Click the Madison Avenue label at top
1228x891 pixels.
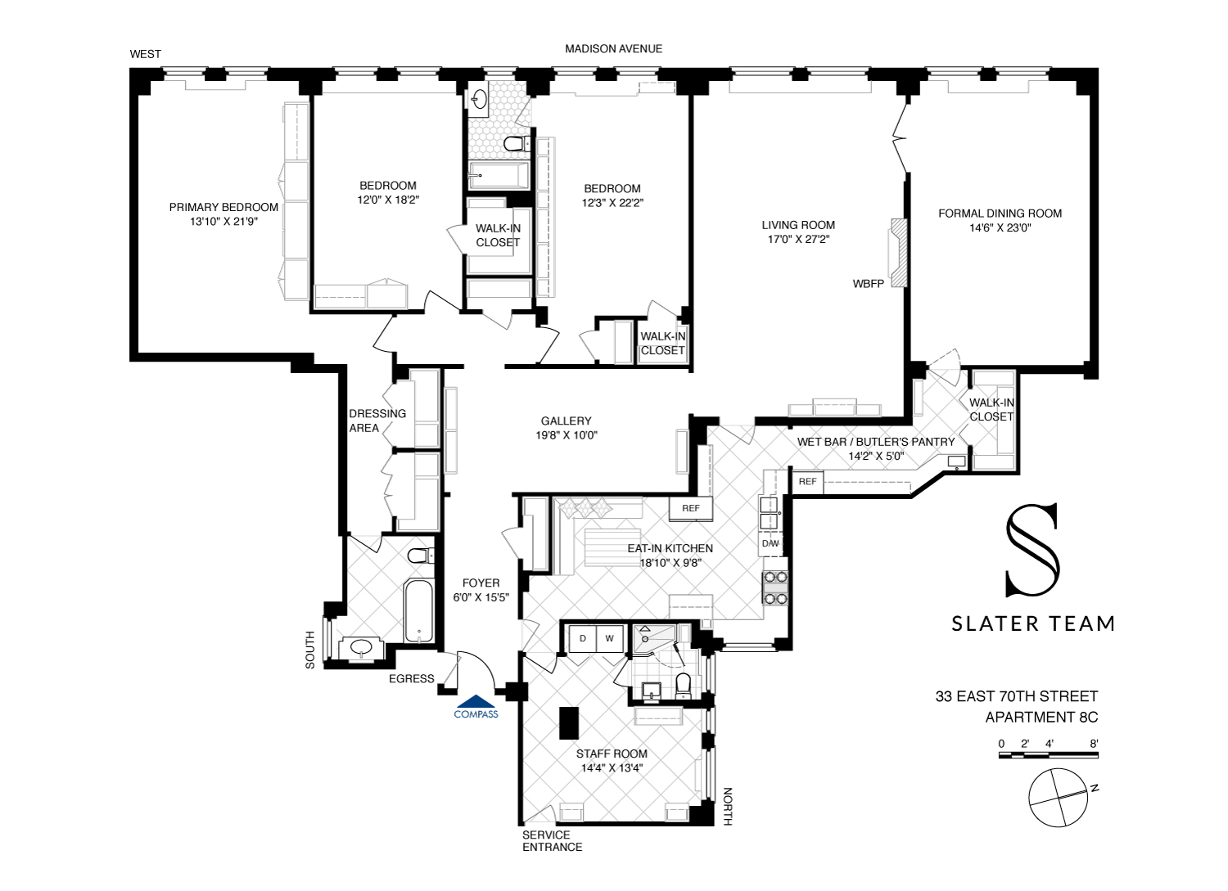[613, 49]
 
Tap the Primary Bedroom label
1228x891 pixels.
[223, 207]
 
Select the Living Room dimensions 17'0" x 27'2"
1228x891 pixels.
[797, 240]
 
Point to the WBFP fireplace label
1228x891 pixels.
[868, 284]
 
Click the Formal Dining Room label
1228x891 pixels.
[1000, 214]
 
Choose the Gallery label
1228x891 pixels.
[566, 421]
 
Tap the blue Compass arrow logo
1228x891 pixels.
[476, 702]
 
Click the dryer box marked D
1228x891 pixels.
[583, 638]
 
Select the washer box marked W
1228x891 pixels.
[609, 638]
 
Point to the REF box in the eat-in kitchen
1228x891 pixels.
[691, 508]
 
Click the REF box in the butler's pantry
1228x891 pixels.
[807, 481]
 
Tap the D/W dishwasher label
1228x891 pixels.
[770, 543]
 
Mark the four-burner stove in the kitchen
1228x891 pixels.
[775, 587]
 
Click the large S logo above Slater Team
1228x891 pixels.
[1032, 549]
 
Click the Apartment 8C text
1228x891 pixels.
[1041, 718]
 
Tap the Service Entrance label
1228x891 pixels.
[551, 841]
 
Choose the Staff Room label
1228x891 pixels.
[612, 754]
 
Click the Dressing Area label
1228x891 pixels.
[377, 421]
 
